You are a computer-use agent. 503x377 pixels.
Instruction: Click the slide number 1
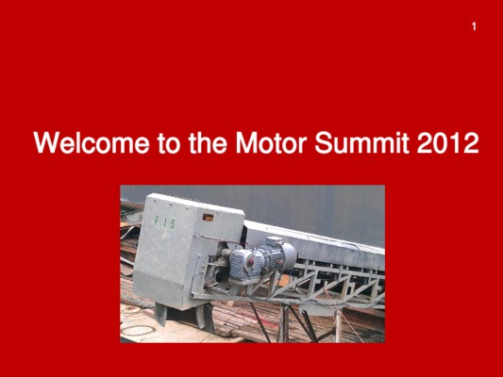coord(474,26)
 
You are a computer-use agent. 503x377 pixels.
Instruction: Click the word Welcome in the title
coord(92,142)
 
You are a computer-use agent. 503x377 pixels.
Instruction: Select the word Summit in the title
coord(361,142)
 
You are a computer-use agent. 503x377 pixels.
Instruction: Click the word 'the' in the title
coord(208,142)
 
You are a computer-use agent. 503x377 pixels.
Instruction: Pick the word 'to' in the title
coord(169,143)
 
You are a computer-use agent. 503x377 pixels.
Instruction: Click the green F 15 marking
coord(165,222)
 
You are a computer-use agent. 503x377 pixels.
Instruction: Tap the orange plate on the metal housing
coord(208,218)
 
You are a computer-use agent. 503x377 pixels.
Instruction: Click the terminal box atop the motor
coord(274,242)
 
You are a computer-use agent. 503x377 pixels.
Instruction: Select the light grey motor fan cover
coord(289,255)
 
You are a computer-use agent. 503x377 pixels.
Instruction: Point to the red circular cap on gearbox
coord(250,263)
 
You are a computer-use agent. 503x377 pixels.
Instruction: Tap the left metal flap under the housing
coord(160,314)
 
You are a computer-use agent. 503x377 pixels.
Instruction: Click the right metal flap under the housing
coord(206,317)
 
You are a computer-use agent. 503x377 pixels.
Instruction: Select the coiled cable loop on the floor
coord(138,330)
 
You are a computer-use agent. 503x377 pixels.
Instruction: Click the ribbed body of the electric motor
coord(273,257)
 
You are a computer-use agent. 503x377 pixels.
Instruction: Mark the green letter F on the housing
coord(157,221)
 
